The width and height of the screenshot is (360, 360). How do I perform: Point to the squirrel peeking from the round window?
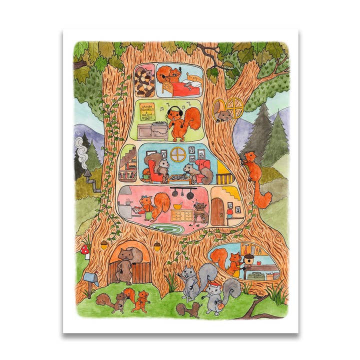pyautogui.click(x=223, y=116)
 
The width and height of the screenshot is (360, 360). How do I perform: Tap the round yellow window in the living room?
pyautogui.click(x=177, y=154)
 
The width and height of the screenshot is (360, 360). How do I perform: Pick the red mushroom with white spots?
pyautogui.click(x=85, y=248)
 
